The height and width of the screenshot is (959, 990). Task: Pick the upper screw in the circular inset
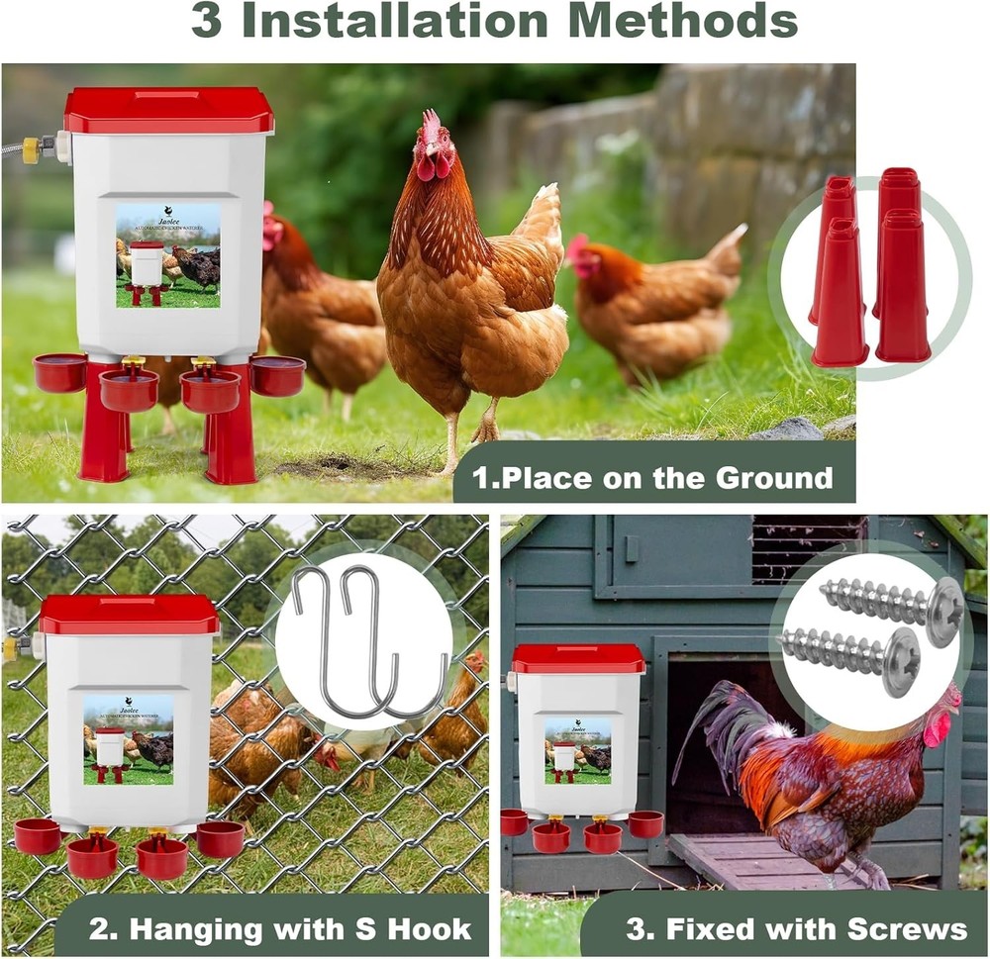coord(892,599)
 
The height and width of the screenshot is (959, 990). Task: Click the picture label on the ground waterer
coord(167,255)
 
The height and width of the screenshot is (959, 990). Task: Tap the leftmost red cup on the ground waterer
coord(59,373)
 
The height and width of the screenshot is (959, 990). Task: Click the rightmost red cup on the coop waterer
coord(645,823)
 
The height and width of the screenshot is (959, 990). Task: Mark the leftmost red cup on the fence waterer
coord(38,836)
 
